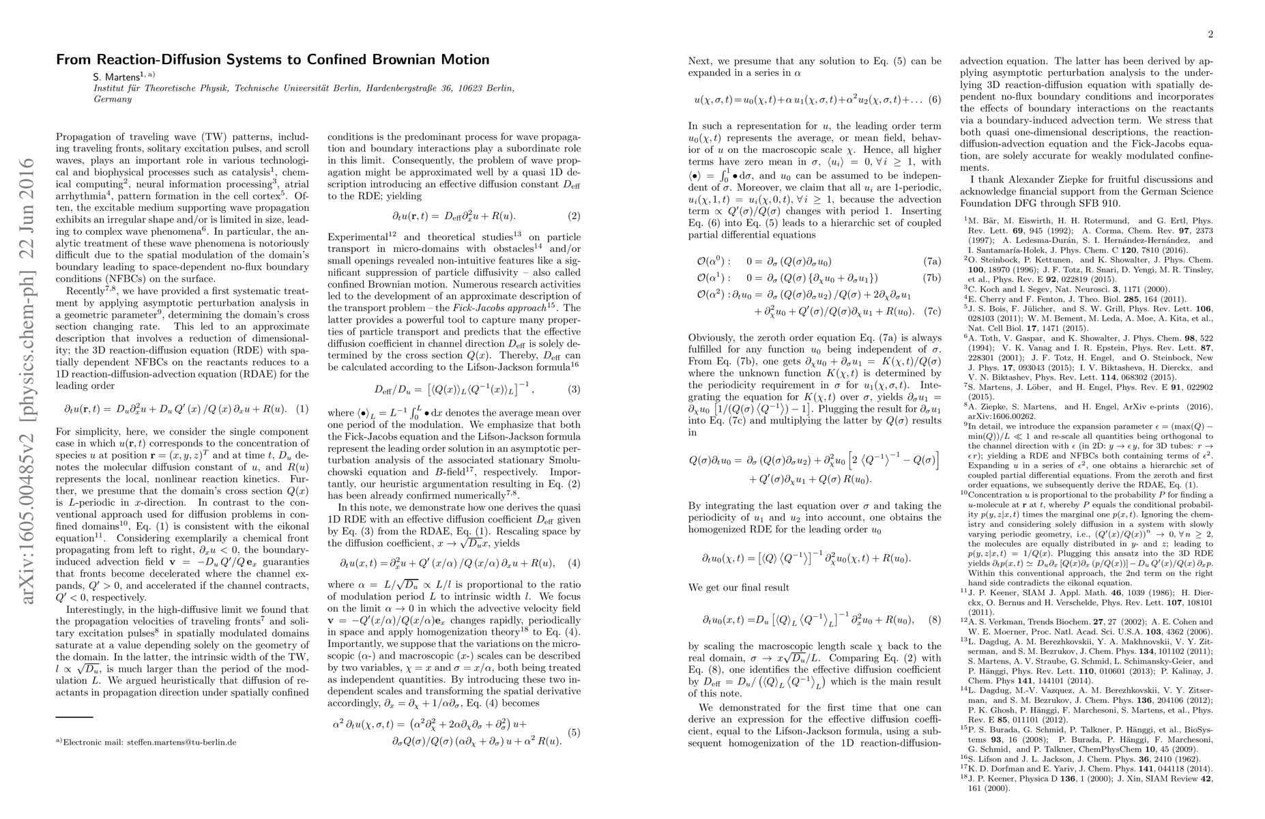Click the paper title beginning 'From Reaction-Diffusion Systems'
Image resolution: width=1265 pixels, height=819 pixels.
[x=272, y=59]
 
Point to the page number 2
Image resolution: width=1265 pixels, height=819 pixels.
[x=1210, y=34]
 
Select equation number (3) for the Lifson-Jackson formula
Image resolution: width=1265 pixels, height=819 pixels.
[x=574, y=389]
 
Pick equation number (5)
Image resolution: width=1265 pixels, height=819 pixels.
[x=574, y=732]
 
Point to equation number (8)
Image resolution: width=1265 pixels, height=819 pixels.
[x=935, y=620]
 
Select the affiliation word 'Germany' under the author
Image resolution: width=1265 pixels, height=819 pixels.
[x=113, y=99]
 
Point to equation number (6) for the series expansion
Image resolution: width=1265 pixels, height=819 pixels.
[x=935, y=100]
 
